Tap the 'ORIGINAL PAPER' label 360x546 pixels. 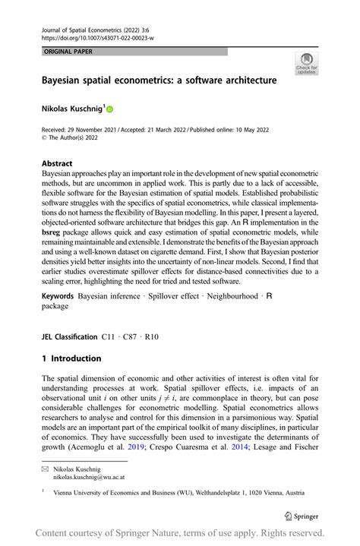click(65, 51)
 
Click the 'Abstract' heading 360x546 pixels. click(57, 163)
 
